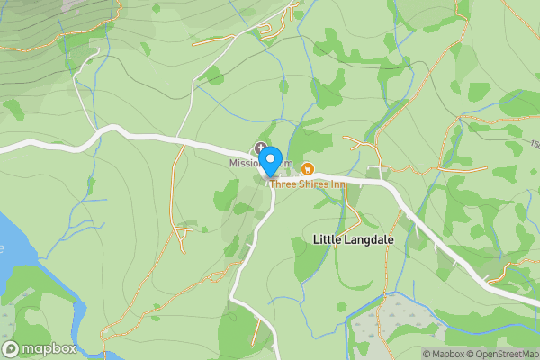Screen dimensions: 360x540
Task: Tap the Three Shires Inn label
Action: [307, 183]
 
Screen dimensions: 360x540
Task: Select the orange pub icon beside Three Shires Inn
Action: [307, 167]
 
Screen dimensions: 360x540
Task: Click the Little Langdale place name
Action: [354, 240]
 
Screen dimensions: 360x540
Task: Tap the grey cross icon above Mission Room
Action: [261, 148]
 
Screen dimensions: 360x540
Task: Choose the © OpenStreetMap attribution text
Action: [504, 354]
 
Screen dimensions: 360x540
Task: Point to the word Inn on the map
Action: [337, 183]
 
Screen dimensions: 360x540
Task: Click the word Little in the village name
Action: [328, 240]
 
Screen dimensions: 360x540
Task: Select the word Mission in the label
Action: [244, 163]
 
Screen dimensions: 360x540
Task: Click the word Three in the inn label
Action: [283, 183]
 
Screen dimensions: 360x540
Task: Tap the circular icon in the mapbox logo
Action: [11, 348]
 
